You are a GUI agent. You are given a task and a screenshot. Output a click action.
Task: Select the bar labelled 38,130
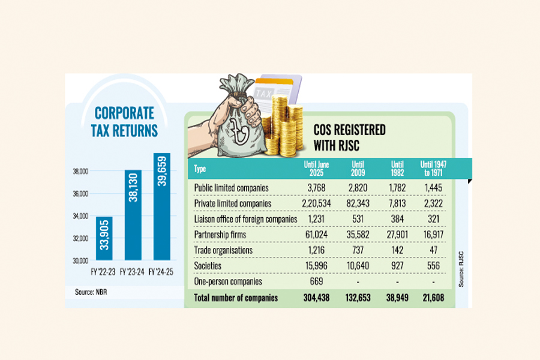[x=133, y=214]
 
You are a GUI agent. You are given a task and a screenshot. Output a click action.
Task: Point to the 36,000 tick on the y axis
[x=80, y=194]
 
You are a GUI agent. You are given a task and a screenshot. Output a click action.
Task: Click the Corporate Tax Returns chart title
[x=125, y=121]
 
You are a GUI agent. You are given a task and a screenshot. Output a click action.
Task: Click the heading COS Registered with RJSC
[x=350, y=137]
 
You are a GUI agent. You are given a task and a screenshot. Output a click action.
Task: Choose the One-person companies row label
[x=228, y=281]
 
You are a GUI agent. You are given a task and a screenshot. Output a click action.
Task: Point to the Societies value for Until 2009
[x=353, y=266]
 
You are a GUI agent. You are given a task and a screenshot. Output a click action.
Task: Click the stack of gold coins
[x=283, y=127]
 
